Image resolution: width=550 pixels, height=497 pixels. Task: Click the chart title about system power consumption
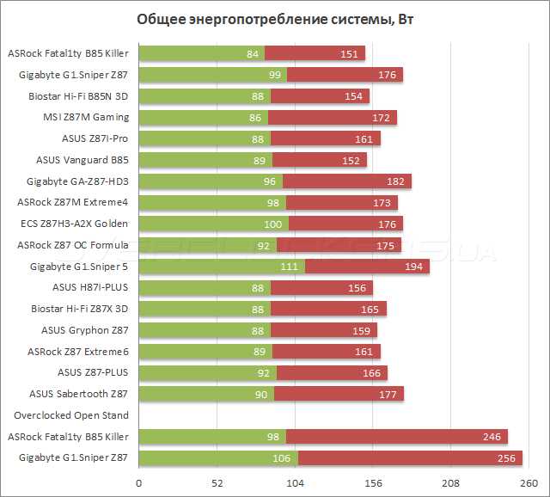(274, 19)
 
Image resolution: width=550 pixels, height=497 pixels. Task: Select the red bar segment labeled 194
(367, 266)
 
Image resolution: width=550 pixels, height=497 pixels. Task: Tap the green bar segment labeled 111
(221, 266)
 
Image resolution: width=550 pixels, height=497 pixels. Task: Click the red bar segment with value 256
(409, 457)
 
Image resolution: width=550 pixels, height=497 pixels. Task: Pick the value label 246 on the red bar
(492, 437)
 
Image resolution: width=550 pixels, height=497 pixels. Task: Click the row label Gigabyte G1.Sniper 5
(79, 266)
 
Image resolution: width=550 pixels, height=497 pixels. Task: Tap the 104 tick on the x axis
(295, 483)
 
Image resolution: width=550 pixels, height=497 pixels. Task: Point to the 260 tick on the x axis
(529, 483)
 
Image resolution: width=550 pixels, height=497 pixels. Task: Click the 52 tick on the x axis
(217, 483)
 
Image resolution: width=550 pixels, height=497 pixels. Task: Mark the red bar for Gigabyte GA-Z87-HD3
(347, 181)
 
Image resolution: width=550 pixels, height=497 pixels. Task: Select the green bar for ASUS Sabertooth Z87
(205, 394)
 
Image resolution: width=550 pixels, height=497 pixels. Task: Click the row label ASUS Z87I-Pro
(95, 138)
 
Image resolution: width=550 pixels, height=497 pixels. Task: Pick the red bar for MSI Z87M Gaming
(333, 117)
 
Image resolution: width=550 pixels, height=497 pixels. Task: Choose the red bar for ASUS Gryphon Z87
(324, 330)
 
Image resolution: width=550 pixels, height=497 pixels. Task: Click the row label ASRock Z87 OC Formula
(73, 245)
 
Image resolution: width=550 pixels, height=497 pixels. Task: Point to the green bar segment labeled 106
(217, 457)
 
